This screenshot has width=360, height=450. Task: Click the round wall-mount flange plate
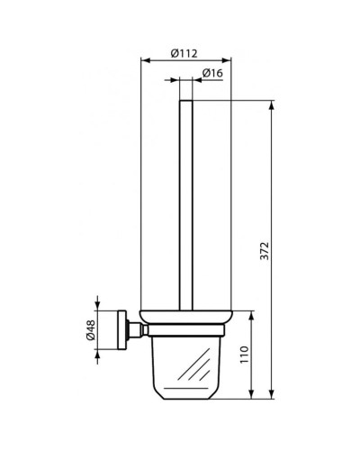pos(119,333)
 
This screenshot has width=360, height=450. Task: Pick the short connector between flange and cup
pos(132,333)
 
